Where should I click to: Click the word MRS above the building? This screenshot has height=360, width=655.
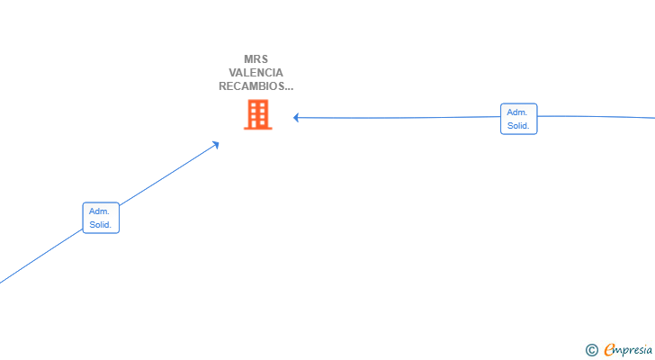click(x=256, y=58)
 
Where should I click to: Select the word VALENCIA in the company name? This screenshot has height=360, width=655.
click(x=256, y=73)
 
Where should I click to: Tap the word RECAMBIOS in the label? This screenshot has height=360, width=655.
click(x=251, y=86)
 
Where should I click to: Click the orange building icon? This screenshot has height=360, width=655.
click(x=258, y=114)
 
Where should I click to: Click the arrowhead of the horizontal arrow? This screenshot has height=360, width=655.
click(x=296, y=118)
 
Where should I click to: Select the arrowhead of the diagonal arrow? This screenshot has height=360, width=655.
click(x=216, y=145)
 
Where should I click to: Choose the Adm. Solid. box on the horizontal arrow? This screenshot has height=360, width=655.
click(x=519, y=119)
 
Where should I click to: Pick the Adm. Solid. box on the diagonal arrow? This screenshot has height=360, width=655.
click(x=101, y=218)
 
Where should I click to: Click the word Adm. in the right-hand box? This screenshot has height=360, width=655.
click(x=517, y=112)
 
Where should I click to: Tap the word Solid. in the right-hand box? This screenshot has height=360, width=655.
click(x=518, y=126)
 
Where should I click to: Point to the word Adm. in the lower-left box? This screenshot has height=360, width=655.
click(x=99, y=211)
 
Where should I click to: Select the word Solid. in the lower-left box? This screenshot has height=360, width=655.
click(x=100, y=225)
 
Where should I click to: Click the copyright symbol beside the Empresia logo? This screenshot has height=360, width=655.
click(x=592, y=350)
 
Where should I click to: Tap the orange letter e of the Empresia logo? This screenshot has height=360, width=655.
click(x=609, y=349)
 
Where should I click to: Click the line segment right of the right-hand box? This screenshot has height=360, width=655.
click(x=597, y=117)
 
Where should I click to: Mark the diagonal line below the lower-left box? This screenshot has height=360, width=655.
click(x=41, y=256)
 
